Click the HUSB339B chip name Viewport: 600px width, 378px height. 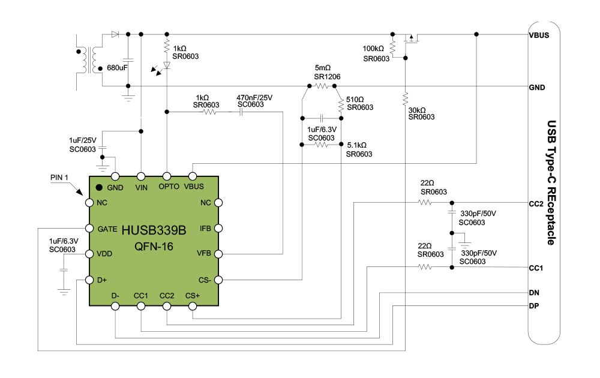coord(154,230)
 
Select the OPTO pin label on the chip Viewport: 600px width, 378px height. coord(169,187)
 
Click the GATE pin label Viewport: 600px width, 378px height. coord(107,229)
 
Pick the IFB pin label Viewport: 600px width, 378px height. coord(205,229)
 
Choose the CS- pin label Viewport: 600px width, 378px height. coord(204,280)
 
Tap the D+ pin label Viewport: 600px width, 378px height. coord(102,280)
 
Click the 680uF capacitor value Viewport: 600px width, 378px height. coord(118,68)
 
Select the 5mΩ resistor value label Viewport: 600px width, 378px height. coord(323,69)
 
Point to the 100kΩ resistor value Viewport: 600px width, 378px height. coord(373,49)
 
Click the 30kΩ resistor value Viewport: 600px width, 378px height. coord(417,110)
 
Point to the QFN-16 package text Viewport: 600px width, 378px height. coord(154,245)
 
